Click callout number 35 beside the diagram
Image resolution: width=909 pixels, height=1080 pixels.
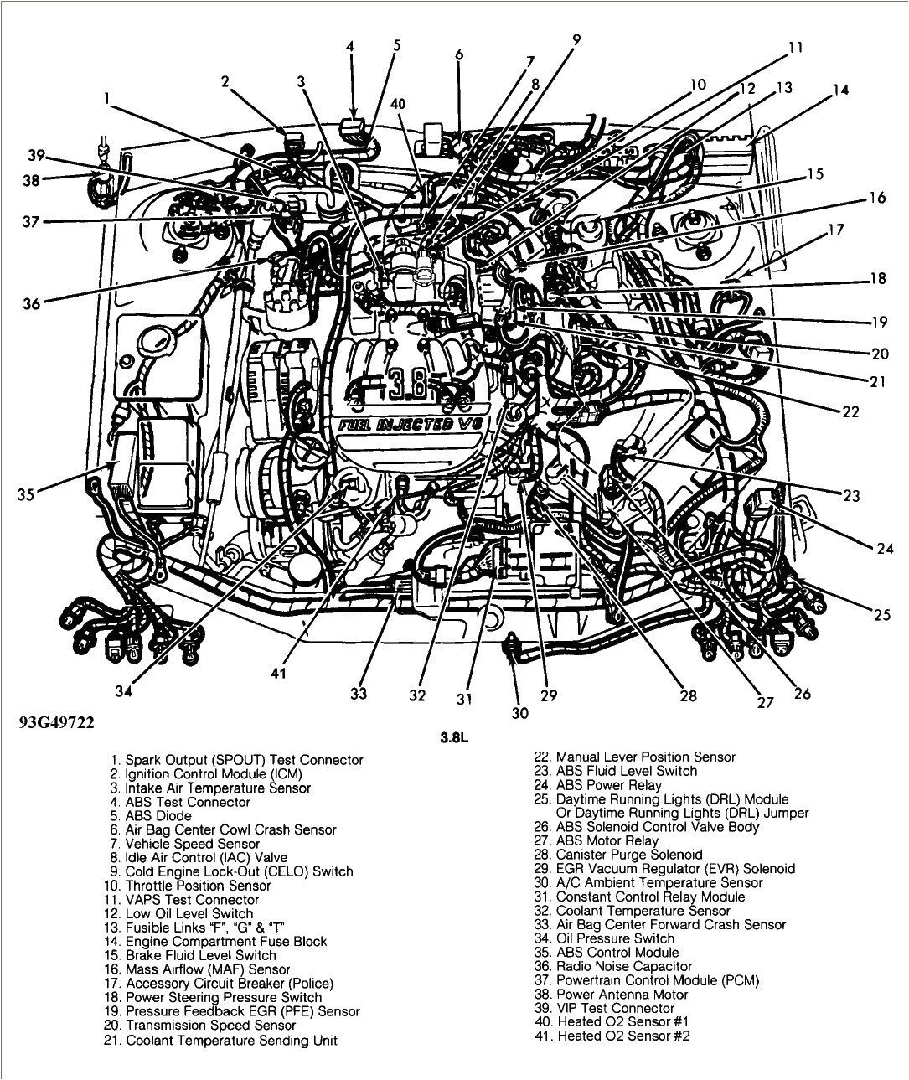click(x=25, y=494)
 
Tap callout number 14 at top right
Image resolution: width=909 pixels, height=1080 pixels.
click(x=840, y=90)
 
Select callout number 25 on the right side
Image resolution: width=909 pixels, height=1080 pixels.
click(x=881, y=615)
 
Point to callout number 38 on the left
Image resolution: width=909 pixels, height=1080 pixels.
click(x=32, y=179)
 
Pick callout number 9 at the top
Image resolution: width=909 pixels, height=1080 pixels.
click(x=576, y=39)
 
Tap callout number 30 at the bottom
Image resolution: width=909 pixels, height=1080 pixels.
click(x=519, y=714)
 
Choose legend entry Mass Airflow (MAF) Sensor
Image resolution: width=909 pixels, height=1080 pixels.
click(x=207, y=969)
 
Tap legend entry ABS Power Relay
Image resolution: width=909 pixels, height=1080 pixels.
click(x=607, y=785)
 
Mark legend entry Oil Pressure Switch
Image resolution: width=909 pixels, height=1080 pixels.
click(x=615, y=938)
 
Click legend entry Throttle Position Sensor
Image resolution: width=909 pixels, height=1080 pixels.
click(x=198, y=886)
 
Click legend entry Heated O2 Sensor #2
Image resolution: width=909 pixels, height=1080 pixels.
click(x=622, y=1036)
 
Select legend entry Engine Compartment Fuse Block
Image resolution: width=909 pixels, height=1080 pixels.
click(x=225, y=942)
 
